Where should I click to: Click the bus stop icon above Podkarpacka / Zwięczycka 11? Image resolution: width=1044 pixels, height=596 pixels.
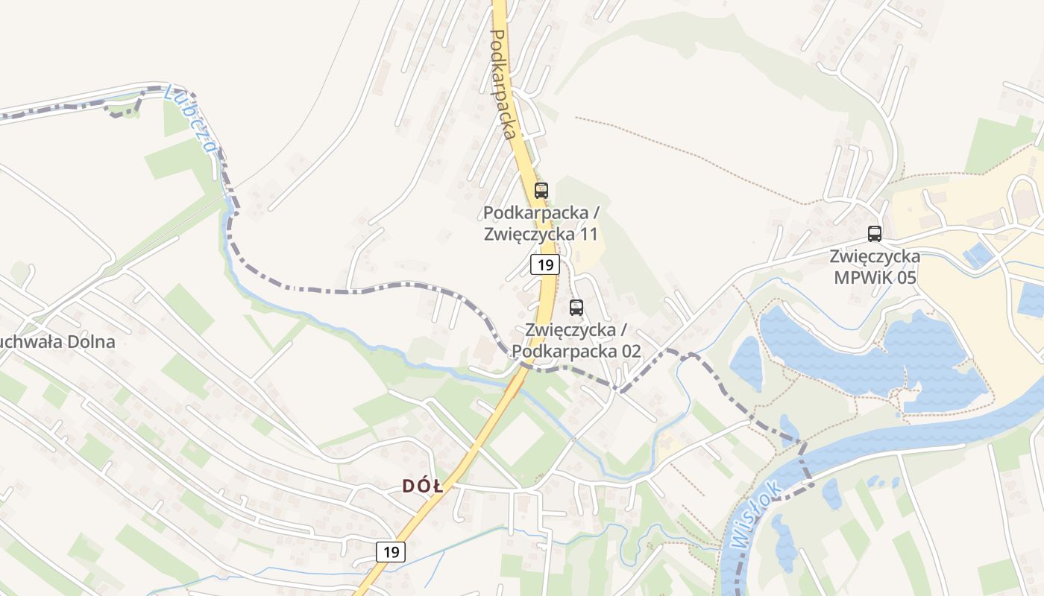point(541,190)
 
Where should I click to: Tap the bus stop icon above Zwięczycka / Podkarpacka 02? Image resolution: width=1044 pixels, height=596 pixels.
point(576,307)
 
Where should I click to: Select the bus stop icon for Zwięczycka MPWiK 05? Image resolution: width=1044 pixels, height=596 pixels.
point(875,233)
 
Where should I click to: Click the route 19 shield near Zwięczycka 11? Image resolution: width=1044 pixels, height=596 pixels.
point(545,264)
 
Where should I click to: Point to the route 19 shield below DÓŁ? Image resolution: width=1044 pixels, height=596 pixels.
point(391,552)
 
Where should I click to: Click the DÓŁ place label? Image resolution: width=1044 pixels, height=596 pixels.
point(423,486)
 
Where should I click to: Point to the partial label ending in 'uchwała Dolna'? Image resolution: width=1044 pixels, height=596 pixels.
point(57,342)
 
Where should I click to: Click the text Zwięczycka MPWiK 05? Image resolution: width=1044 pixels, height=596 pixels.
point(875,267)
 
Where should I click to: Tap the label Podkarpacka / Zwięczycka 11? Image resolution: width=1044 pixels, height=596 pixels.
point(541,223)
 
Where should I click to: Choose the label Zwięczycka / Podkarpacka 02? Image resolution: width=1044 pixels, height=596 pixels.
point(582,340)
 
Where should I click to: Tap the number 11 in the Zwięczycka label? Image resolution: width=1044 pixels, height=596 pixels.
point(589,234)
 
